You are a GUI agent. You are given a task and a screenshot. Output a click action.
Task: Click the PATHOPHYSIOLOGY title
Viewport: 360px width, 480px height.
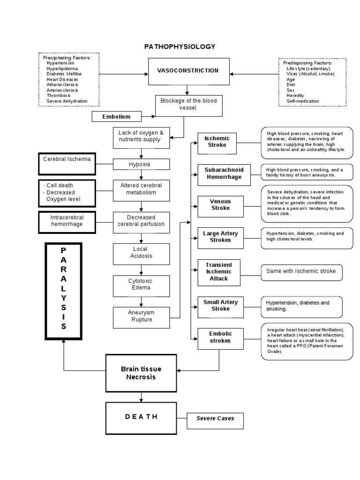180,46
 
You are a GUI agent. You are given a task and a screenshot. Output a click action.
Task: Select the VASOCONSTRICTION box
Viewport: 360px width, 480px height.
188,71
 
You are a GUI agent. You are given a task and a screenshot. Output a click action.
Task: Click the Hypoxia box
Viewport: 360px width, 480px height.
141,164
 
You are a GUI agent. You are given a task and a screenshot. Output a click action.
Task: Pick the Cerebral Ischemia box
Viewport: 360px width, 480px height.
67,163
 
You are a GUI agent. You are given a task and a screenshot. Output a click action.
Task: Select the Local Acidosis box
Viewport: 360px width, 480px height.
141,253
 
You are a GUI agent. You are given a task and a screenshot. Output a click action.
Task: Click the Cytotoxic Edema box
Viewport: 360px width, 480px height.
141,285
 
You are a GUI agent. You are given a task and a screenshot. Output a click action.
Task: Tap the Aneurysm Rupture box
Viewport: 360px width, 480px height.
141,316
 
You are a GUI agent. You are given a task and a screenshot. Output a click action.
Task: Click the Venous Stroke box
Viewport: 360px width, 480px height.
220,205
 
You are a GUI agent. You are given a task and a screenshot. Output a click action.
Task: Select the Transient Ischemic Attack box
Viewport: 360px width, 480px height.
218,272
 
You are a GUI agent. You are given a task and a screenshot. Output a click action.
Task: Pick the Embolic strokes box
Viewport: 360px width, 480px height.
220,337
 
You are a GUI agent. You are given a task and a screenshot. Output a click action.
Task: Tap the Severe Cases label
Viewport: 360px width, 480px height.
215,419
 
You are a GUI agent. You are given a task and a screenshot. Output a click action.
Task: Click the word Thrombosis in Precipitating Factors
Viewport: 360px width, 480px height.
59,96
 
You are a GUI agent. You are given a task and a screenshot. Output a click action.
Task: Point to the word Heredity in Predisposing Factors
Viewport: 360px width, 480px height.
295,96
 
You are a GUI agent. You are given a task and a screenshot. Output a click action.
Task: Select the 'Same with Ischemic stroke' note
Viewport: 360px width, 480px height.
301,271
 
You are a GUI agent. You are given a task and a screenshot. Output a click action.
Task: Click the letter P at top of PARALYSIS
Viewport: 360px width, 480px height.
63,251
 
